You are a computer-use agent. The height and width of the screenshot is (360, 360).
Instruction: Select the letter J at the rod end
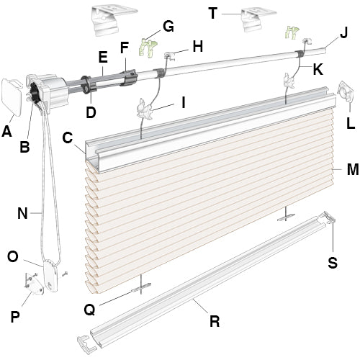tap(343, 33)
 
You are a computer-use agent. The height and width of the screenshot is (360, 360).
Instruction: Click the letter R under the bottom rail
tap(214, 321)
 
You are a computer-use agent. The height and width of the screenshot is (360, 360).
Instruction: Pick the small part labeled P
tap(33, 285)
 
